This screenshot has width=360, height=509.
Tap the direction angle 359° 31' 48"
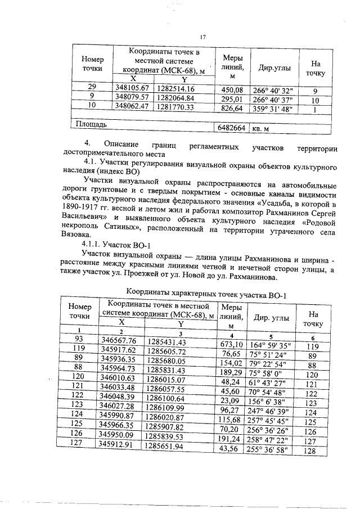click(x=275, y=109)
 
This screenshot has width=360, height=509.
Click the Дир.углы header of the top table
click(x=274, y=69)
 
